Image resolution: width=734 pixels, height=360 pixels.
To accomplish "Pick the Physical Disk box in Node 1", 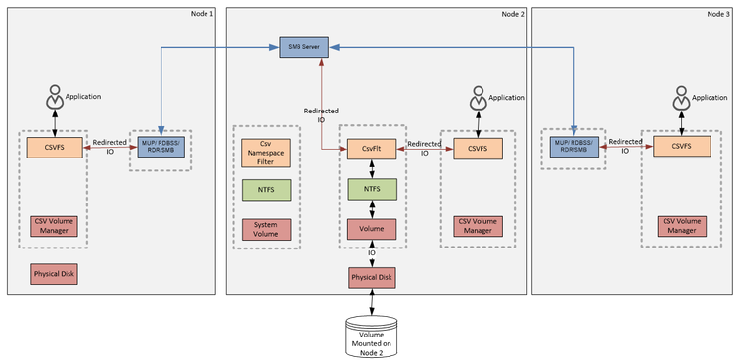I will click(x=53, y=276).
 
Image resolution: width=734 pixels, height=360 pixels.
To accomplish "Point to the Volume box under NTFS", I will click(x=371, y=228).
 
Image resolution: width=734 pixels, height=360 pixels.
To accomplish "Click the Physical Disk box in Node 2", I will click(x=371, y=278).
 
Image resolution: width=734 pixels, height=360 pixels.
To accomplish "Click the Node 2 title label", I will click(x=512, y=13).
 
